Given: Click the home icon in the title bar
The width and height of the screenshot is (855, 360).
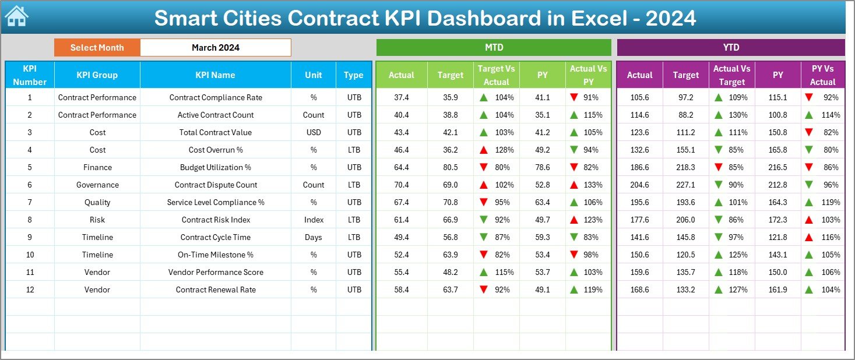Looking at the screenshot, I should pos(16,17).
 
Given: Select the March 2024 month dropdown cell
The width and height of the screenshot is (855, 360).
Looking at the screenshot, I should pos(215,48).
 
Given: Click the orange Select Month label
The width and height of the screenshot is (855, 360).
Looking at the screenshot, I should pos(97,48).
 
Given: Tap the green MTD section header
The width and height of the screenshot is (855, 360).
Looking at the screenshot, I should pos(494,48).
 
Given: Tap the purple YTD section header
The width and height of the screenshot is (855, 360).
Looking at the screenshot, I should pos(731,48).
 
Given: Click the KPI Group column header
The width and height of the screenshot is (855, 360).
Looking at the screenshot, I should pos(97,75).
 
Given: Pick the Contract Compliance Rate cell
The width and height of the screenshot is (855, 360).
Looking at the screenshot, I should pos(216,97).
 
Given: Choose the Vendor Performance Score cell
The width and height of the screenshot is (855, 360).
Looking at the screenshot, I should pos(216,272).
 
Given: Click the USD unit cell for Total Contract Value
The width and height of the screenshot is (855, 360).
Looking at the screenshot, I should pos(314,132).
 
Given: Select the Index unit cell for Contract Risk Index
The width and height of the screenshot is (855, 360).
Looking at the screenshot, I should pos(314,220).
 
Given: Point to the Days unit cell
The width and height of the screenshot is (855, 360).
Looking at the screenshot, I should pos(314,237).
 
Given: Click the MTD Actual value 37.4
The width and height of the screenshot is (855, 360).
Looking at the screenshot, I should pos(401,97).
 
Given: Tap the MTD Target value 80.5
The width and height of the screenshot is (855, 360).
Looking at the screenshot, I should pos(450,167).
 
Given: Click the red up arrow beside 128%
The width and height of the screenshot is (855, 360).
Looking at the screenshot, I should pos(484,150).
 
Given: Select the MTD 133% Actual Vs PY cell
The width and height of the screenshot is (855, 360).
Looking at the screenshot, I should pos(588,185).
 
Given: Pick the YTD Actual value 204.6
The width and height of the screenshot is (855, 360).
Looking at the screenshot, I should pos(639,185).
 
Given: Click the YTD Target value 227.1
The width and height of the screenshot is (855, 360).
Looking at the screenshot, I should pos(685,185).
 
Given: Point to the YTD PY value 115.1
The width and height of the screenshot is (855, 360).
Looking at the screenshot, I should pos(777,97).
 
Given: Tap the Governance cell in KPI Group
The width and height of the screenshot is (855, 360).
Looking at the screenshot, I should pos(97,185).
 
